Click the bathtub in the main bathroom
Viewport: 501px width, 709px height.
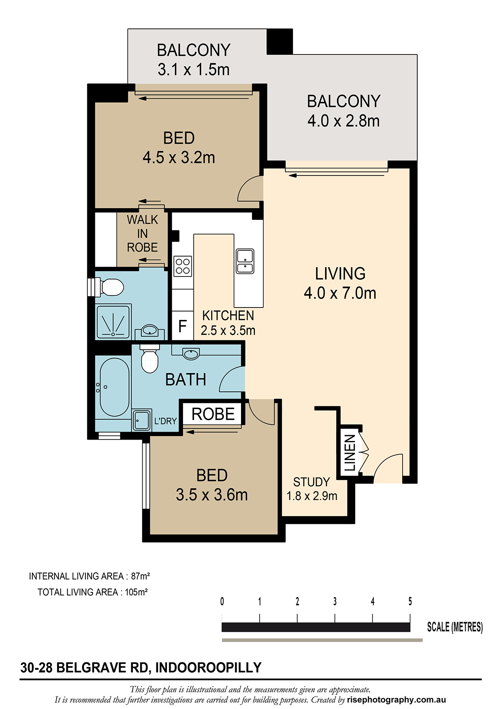[114, 387]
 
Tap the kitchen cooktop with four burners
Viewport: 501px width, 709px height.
[183, 266]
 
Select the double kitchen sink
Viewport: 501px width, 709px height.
[245, 261]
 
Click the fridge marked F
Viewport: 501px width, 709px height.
[183, 326]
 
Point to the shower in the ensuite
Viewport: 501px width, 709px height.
[113, 321]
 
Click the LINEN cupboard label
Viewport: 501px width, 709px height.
[350, 452]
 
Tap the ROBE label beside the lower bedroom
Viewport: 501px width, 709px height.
[213, 414]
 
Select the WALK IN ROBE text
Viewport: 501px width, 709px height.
[143, 233]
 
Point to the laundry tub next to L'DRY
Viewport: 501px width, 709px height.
[141, 421]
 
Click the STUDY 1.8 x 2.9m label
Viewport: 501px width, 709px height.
[312, 489]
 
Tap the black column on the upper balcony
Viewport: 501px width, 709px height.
[280, 42]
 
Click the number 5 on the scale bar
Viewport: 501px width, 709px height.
[410, 601]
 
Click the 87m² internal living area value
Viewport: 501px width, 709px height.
[140, 576]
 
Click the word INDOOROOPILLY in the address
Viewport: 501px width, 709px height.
[208, 667]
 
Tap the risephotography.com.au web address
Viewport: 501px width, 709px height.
[396, 699]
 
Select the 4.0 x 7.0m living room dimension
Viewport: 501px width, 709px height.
[340, 293]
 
